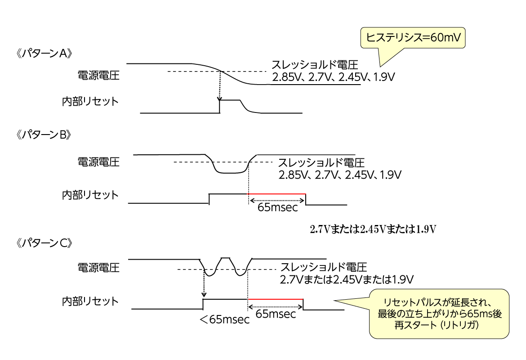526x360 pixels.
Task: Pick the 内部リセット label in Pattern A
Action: [x=90, y=101]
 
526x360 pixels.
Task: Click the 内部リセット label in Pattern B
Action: [x=90, y=195]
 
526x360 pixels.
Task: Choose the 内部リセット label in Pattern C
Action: [x=90, y=300]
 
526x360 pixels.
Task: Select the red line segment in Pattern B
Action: [x=277, y=194]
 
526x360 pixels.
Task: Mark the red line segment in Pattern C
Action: [x=275, y=299]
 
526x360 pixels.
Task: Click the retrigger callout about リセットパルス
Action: [x=439, y=313]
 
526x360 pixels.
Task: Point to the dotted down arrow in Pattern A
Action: [x=219, y=85]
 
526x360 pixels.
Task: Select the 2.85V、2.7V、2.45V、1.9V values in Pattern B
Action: [x=340, y=174]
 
